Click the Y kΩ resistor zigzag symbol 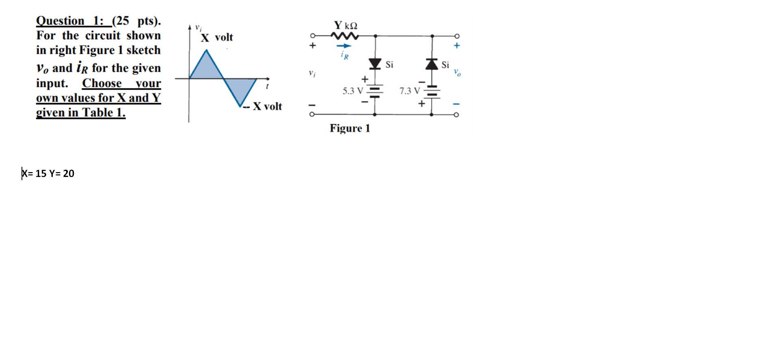pos(345,36)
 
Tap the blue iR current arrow pos(344,46)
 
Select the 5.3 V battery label pos(352,91)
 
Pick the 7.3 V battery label pos(409,91)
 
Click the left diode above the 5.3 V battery pos(375,64)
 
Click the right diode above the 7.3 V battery pos(432,64)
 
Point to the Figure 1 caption pos(350,128)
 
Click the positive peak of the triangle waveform pos(207,50)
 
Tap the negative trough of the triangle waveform pos(240,106)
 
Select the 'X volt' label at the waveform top pos(217,37)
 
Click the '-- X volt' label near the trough pos(263,106)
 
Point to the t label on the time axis pos(267,86)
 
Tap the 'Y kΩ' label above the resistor pos(345,26)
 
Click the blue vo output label pos(457,73)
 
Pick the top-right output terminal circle pos(457,36)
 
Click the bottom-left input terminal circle pos(312,114)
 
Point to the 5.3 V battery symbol pos(375,91)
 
